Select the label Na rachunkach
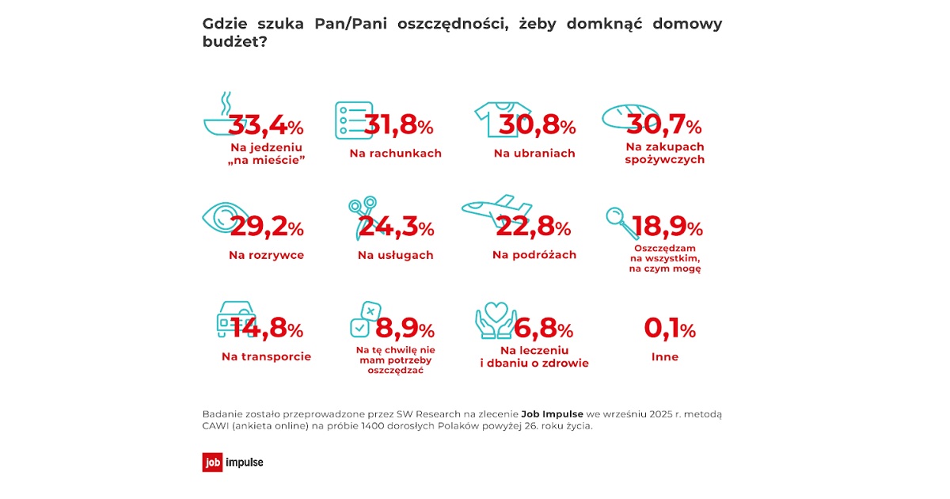[395, 153]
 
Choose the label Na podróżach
[534, 254]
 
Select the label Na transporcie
[266, 356]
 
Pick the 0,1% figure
[670, 329]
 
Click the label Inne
[665, 356]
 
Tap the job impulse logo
[233, 462]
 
